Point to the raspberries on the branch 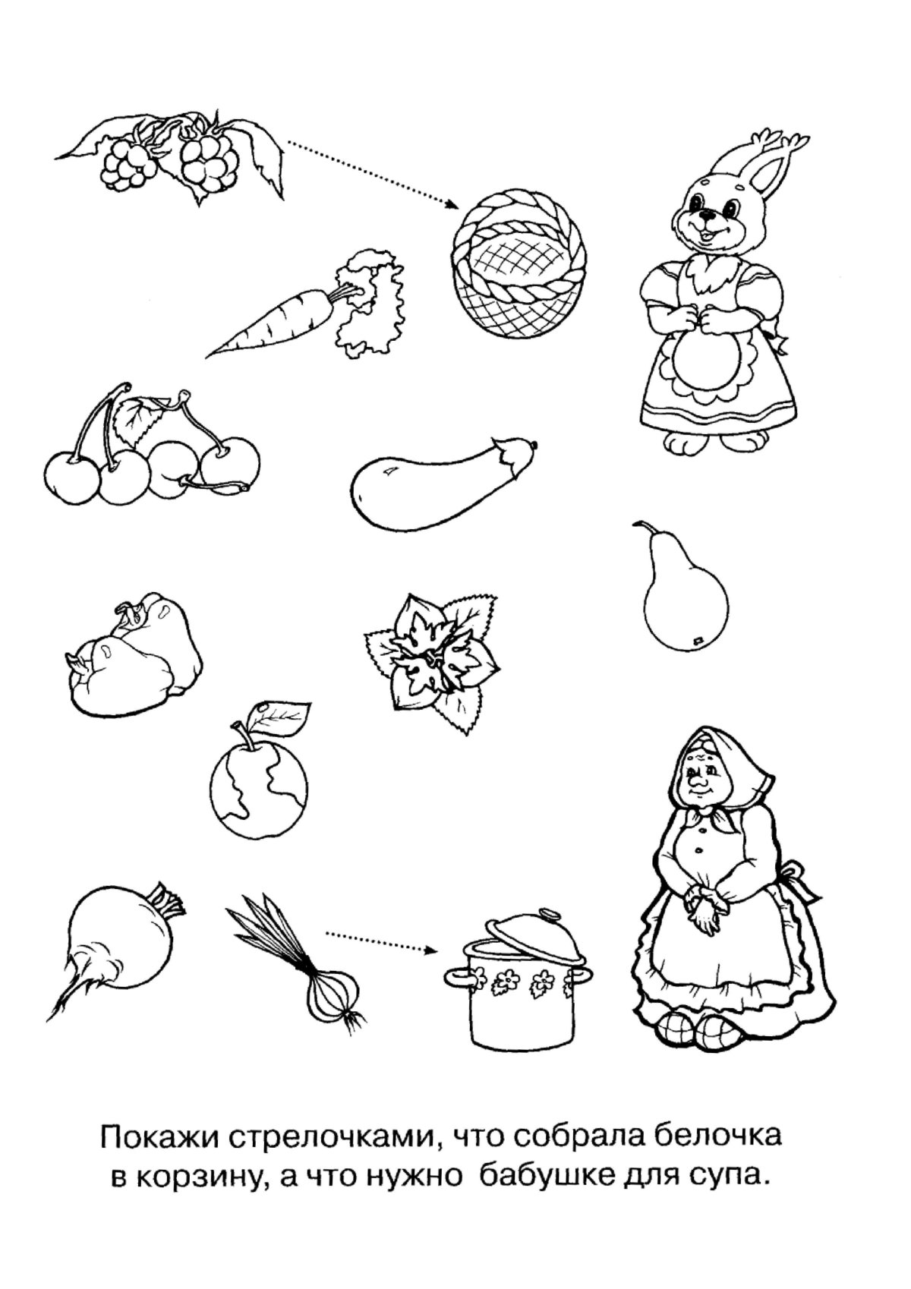coord(170,156)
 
